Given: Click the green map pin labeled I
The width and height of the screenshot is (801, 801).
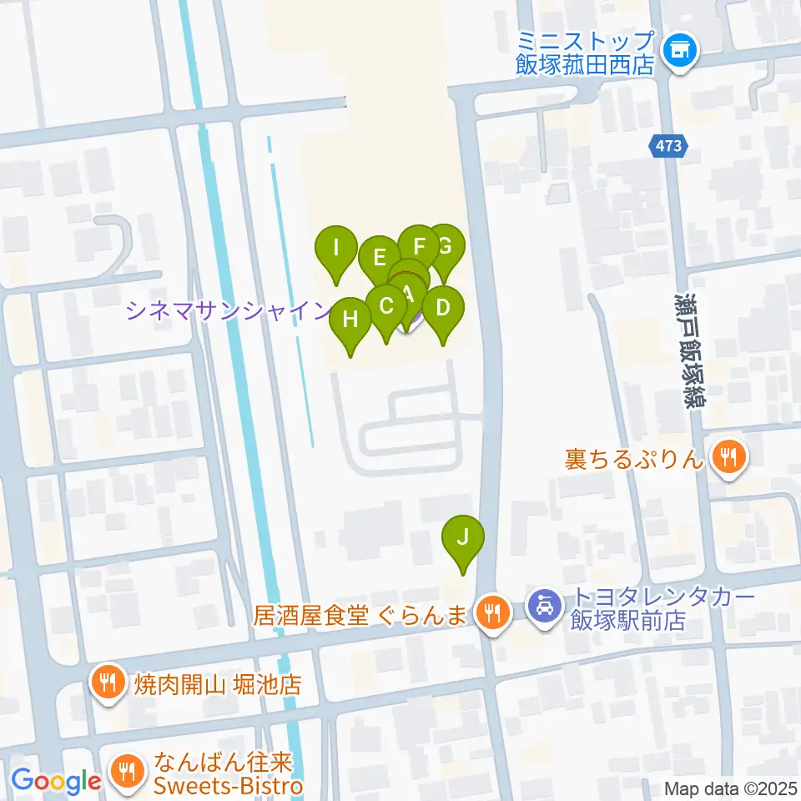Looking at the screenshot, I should pyautogui.click(x=336, y=248).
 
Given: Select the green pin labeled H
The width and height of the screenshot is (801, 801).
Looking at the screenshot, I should pyautogui.click(x=350, y=320).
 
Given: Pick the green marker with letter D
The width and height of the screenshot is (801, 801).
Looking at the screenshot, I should pyautogui.click(x=443, y=307).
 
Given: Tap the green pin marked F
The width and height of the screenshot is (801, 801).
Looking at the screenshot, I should pyautogui.click(x=420, y=245).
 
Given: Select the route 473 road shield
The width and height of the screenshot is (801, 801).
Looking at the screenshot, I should pyautogui.click(x=670, y=147).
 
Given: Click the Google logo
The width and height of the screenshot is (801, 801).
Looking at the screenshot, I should pyautogui.click(x=56, y=781).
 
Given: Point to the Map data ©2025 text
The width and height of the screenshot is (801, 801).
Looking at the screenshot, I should pyautogui.click(x=731, y=788).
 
